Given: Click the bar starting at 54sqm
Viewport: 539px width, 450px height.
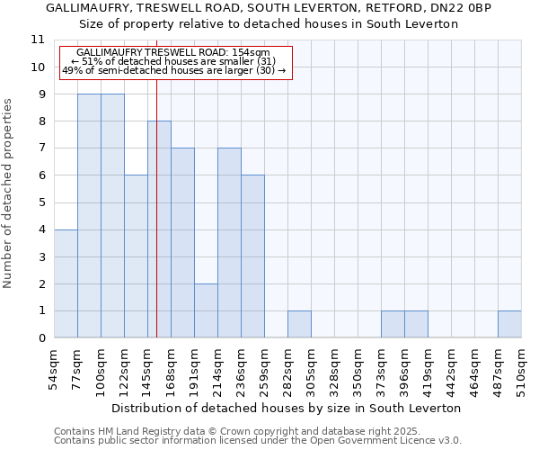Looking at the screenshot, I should click(x=66, y=283).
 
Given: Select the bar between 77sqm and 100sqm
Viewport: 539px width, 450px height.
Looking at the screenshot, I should click(x=89, y=216).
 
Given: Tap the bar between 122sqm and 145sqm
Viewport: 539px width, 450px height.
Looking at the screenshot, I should click(x=136, y=256).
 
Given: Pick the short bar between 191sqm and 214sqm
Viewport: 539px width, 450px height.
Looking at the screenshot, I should click(x=206, y=310).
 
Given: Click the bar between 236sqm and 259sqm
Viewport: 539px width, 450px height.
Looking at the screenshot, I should click(x=252, y=256).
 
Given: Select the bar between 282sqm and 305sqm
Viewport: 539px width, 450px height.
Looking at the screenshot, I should click(x=299, y=325).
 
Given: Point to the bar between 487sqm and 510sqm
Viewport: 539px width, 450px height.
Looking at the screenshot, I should click(x=509, y=325).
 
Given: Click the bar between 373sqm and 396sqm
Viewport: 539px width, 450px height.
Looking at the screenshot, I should click(x=393, y=325).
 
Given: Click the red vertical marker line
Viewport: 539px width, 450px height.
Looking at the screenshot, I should click(x=156, y=225).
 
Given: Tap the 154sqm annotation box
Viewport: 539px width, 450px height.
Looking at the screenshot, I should click(x=176, y=62).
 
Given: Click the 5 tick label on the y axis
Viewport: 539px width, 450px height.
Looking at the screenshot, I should click(x=40, y=202).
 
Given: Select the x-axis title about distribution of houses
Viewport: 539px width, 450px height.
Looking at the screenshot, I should click(x=287, y=408).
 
